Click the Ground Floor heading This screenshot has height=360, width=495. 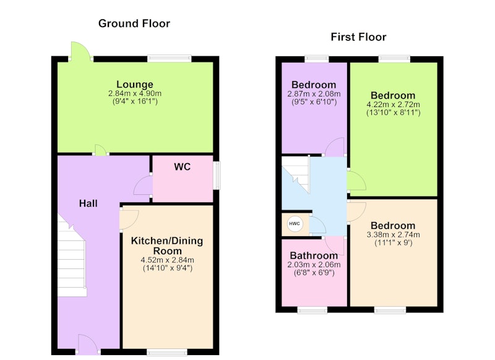134,24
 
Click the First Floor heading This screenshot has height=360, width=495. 358,37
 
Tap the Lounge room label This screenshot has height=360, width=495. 135,84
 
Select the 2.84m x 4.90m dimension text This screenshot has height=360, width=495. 135,93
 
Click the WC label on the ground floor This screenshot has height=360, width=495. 182,166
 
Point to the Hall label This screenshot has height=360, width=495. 88,204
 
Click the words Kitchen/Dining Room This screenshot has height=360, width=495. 167,246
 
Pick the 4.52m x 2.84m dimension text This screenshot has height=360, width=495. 167,260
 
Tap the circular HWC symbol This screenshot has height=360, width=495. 295,224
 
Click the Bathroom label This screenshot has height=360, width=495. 314,255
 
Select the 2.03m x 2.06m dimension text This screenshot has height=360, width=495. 314,265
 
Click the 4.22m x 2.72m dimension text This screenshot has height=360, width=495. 393,105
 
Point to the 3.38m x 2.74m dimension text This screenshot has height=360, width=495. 393,234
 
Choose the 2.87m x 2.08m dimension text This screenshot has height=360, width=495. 314,93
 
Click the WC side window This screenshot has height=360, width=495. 217,176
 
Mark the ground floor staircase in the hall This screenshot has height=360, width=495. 72,255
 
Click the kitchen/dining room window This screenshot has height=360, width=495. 167,352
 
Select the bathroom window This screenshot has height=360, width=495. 312,310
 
